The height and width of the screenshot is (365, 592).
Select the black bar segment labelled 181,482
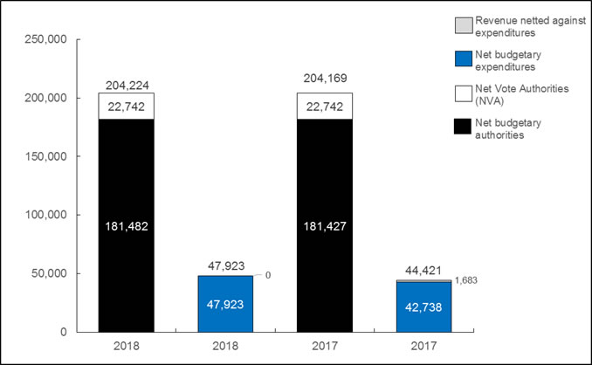click(126, 225)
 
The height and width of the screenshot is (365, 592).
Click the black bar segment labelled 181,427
click(324, 225)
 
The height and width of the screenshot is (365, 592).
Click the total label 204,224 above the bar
click(126, 85)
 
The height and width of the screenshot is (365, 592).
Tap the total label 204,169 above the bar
click(324, 85)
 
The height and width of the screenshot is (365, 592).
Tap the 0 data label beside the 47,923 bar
click(268, 275)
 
